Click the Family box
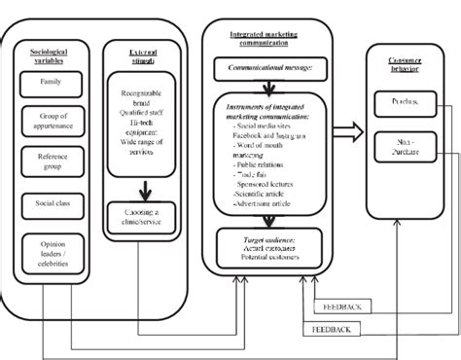pos(50,84)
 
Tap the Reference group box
pos(50,162)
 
